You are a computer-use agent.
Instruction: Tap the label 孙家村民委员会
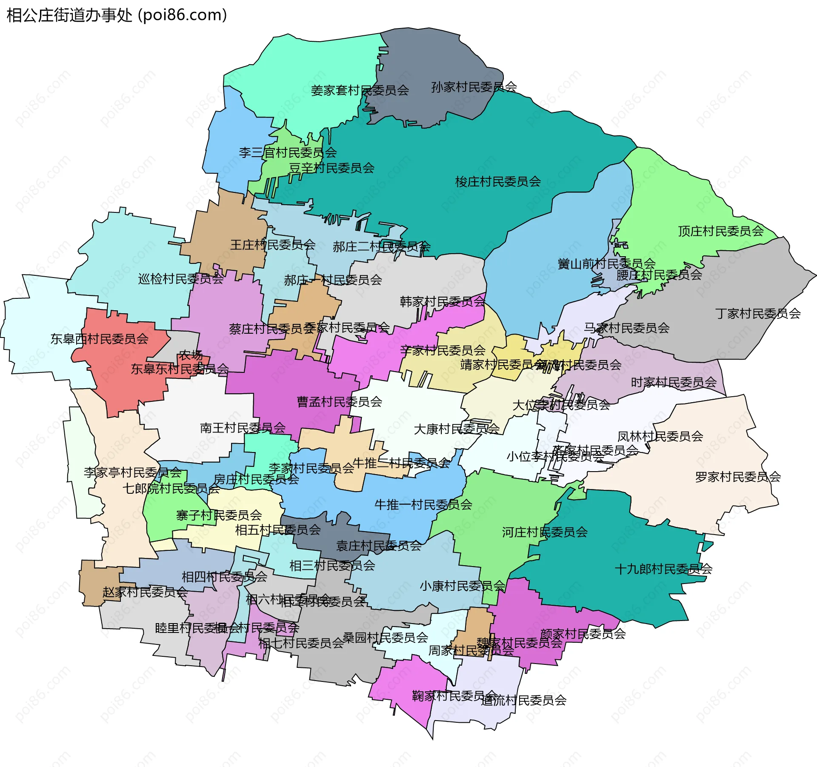[x=474, y=87]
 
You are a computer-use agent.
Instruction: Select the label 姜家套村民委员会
[x=360, y=91]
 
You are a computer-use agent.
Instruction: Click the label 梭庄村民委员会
[x=498, y=182]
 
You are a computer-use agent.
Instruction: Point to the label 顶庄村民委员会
[x=721, y=232]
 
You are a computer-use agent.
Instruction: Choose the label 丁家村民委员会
[x=758, y=314]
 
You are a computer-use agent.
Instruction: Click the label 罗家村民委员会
[x=738, y=477]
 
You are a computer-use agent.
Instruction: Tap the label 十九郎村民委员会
[x=663, y=569]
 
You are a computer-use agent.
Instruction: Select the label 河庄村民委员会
[x=545, y=532]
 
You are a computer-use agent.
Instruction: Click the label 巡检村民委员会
[x=181, y=279]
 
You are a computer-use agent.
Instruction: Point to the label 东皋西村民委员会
[x=99, y=339]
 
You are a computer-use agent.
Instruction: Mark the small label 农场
[x=191, y=355]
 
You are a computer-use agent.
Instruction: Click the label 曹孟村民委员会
[x=339, y=402]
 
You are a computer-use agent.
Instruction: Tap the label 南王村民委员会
[x=243, y=428]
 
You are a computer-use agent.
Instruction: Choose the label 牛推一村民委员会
[x=423, y=505]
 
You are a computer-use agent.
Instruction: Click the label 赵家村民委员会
[x=145, y=592]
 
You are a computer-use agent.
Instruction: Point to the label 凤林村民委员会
[x=660, y=437]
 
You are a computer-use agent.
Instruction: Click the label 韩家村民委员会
[x=442, y=302]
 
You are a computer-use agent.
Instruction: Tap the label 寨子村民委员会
[x=219, y=516]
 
